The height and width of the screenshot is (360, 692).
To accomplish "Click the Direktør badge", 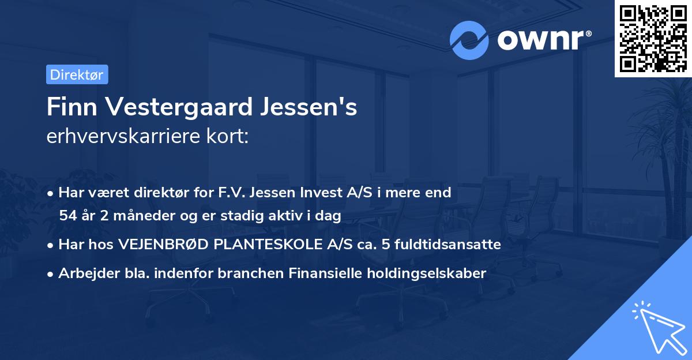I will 77,74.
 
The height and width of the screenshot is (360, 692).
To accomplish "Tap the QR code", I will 652,38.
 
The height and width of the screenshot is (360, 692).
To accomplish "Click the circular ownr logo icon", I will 469,40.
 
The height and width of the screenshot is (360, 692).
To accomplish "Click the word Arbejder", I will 86,273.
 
